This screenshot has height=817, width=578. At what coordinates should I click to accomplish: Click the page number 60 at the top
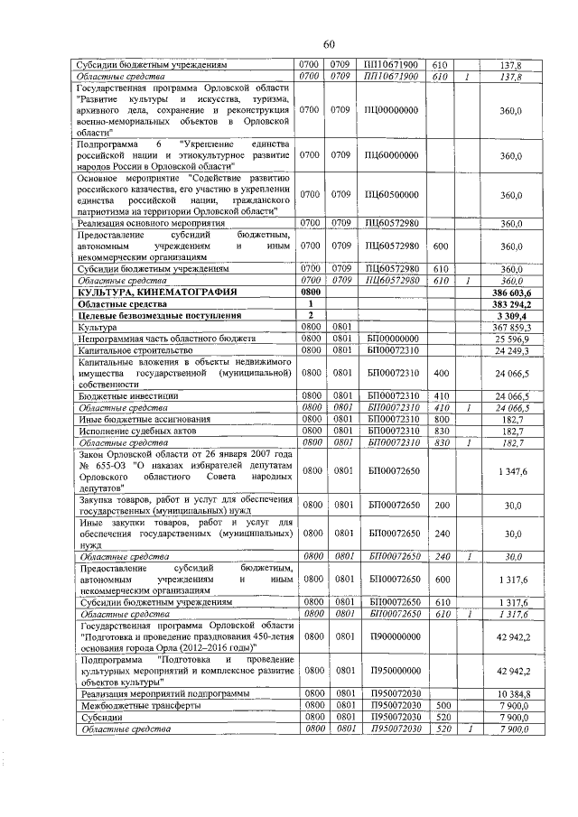pos(329,45)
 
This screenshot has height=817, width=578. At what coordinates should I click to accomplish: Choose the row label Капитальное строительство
pos(132,349)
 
